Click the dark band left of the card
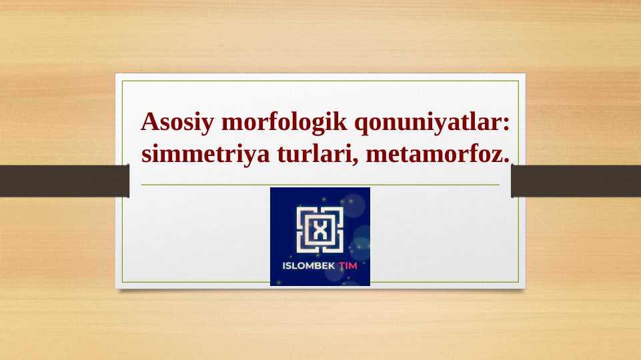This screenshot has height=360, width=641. point(64,181)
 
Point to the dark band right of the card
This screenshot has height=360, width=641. point(576,181)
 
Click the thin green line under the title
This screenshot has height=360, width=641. point(320,185)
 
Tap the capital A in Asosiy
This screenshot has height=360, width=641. point(149,123)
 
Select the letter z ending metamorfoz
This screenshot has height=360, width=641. point(498,156)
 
